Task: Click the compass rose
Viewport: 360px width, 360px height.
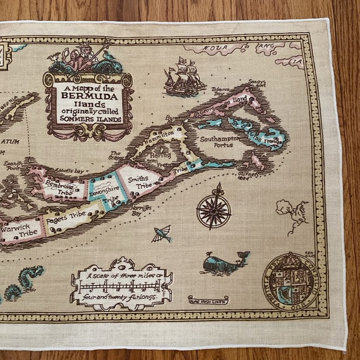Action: click(x=214, y=207)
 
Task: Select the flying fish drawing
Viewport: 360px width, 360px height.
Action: click(x=161, y=234)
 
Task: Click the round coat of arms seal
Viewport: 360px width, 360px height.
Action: click(x=289, y=278)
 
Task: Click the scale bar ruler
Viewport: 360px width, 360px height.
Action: click(x=122, y=286)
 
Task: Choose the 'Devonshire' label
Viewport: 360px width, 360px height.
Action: click(x=103, y=191)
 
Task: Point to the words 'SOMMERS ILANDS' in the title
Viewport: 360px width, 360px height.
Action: click(x=89, y=120)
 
